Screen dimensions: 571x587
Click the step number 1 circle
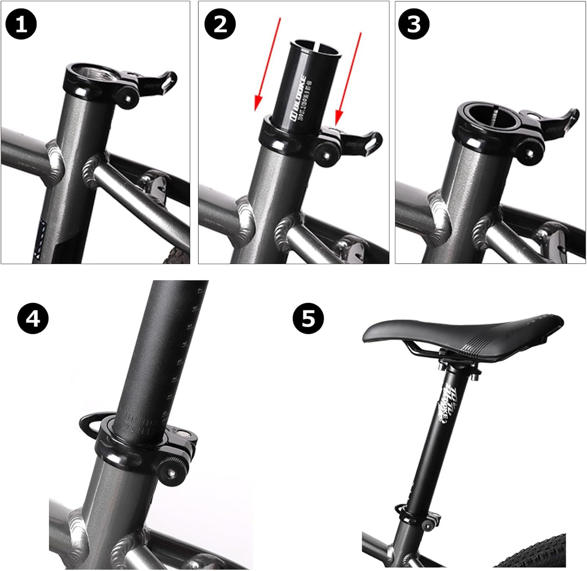(x=21, y=24)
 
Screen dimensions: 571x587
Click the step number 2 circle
(x=220, y=24)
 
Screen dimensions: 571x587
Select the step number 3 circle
(x=414, y=24)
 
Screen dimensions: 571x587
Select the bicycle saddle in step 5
(x=462, y=333)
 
